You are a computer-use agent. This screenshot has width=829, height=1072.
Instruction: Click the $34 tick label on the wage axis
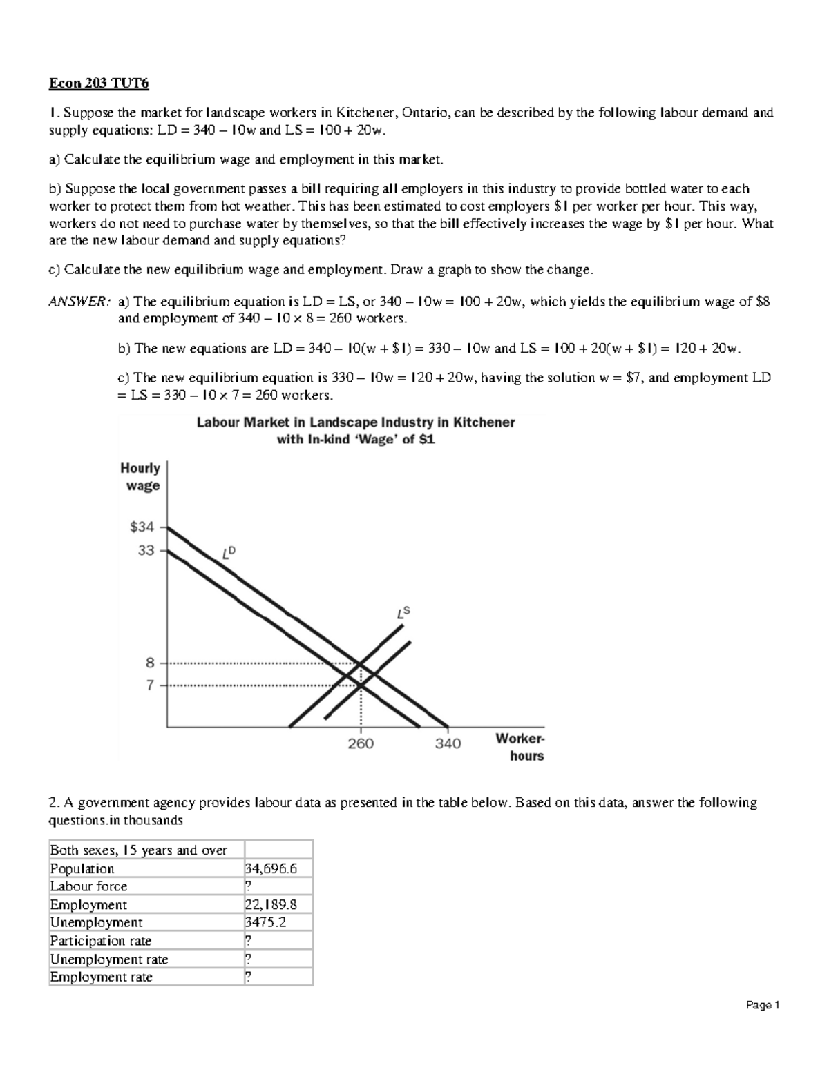(x=142, y=527)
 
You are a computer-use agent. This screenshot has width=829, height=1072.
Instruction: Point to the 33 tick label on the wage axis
(x=146, y=551)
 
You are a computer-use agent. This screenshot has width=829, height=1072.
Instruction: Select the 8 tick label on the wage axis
(x=150, y=663)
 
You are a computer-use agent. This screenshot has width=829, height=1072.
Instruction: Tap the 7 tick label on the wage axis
(x=150, y=685)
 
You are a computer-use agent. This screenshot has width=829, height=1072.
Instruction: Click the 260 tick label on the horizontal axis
(x=361, y=743)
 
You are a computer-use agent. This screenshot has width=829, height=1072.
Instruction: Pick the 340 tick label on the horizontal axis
(x=448, y=743)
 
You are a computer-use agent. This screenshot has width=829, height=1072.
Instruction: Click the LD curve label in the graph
(x=229, y=552)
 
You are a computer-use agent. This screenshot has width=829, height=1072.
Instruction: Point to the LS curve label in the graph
(x=403, y=613)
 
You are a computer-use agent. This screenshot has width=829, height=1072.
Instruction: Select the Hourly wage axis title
(x=141, y=476)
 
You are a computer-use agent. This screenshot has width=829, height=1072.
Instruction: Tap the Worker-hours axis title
(x=520, y=747)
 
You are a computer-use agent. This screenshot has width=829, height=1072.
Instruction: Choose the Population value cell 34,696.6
(x=271, y=868)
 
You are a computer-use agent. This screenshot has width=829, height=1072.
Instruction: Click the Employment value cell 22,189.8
(x=271, y=904)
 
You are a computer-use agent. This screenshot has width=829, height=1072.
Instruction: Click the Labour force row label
(x=88, y=886)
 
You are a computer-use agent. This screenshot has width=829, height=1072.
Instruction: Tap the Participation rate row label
(x=101, y=941)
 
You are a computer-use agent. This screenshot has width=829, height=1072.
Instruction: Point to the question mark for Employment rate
(x=249, y=977)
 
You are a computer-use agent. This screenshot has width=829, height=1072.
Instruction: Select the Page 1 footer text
(x=763, y=1005)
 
